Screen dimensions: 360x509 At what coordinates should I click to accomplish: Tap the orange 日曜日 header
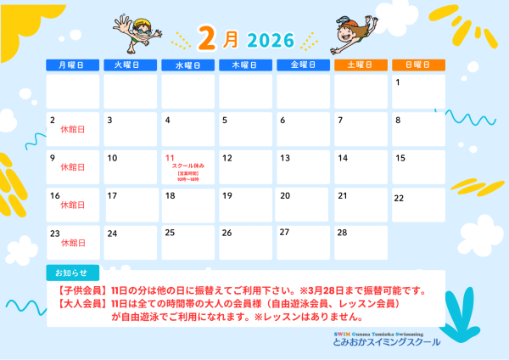click(x=417, y=65)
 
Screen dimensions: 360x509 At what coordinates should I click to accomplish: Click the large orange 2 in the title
click(x=208, y=38)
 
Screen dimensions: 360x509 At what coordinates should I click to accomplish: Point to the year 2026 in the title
click(x=271, y=40)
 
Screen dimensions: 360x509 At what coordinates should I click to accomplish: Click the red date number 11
click(x=170, y=158)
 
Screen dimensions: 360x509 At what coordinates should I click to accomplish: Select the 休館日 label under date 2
click(x=73, y=130)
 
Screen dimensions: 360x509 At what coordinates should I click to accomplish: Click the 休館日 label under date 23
click(x=73, y=243)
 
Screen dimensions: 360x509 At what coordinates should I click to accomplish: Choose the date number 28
click(x=343, y=232)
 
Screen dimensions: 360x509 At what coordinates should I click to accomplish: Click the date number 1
click(x=397, y=82)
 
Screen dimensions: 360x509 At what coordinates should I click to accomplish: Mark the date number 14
click(x=343, y=158)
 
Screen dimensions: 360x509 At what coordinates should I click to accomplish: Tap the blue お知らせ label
click(x=71, y=273)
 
